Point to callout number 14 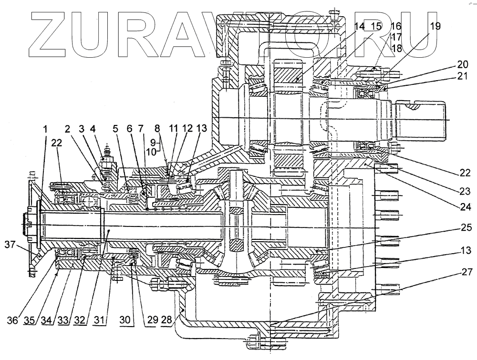coord(359,26)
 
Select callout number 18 coord(396,48)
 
